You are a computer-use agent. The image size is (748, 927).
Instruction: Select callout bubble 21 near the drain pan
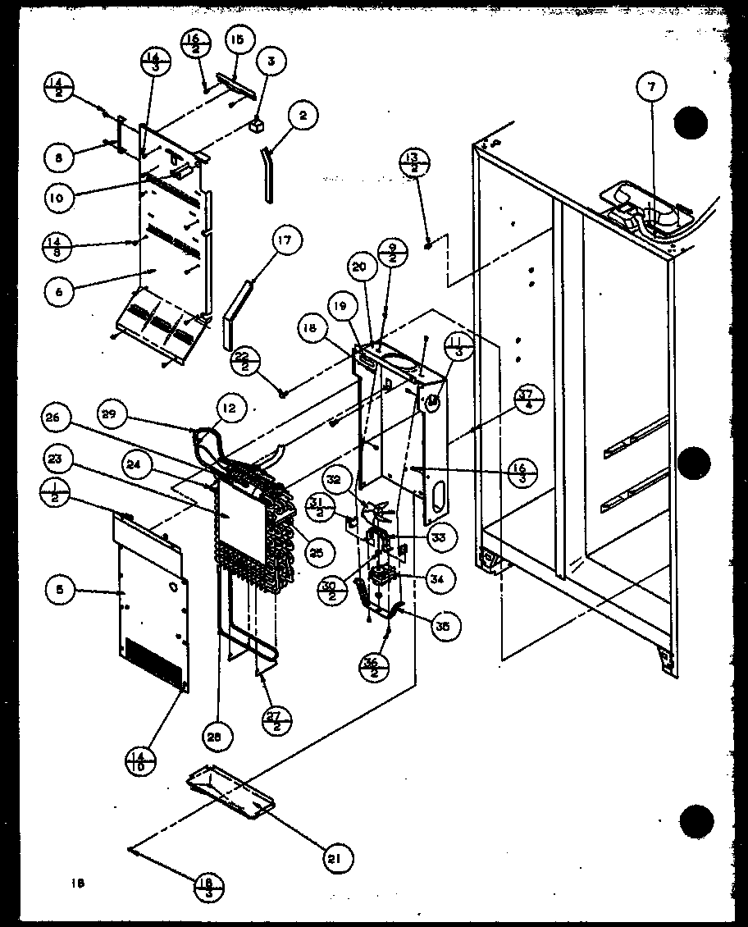(x=338, y=858)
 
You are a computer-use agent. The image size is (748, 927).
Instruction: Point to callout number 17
(x=285, y=242)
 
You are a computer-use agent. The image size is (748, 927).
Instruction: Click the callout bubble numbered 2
(x=303, y=116)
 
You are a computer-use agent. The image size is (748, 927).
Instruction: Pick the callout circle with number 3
(x=271, y=61)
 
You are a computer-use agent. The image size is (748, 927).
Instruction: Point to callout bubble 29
(x=115, y=415)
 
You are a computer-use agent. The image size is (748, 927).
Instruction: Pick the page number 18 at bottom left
(x=77, y=884)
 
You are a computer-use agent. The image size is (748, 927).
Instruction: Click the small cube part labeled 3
(x=258, y=125)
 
